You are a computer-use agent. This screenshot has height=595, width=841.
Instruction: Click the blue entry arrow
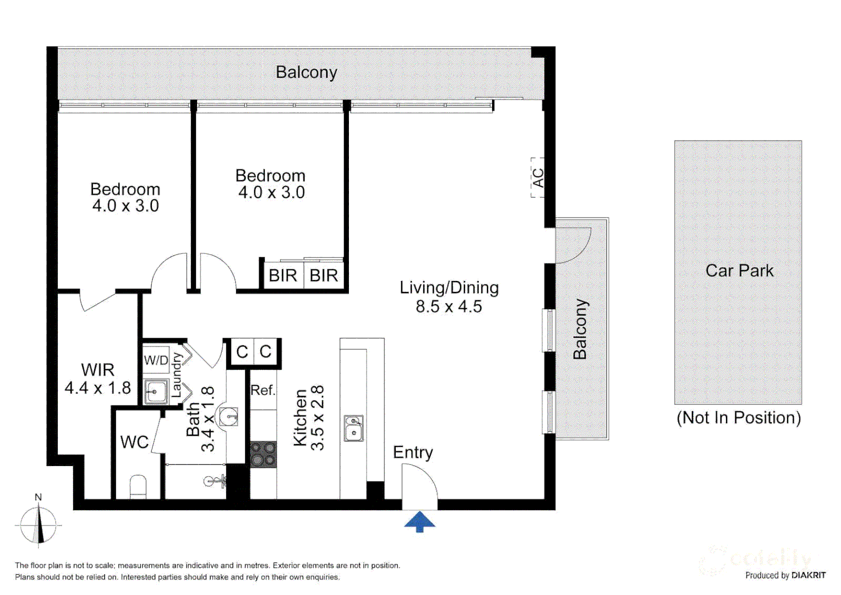pyautogui.click(x=419, y=521)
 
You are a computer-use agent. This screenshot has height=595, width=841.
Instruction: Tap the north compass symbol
pyautogui.click(x=38, y=524)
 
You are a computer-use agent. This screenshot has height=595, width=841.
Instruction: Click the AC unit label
pyautogui.click(x=538, y=177)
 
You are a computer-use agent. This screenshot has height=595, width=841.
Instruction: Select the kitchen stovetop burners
pyautogui.click(x=263, y=455)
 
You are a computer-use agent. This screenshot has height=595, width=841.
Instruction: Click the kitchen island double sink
pyautogui.click(x=353, y=429)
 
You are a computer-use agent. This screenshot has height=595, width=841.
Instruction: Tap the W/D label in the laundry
pyautogui.click(x=156, y=360)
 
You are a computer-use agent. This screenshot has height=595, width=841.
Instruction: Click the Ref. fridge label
pyautogui.click(x=263, y=390)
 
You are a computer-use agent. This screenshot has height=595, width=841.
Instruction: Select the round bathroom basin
pyautogui.click(x=228, y=416)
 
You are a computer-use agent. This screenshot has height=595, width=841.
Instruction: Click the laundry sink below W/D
pyautogui.click(x=156, y=392)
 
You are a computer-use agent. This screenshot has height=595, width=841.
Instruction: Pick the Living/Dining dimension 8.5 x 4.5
pyautogui.click(x=449, y=306)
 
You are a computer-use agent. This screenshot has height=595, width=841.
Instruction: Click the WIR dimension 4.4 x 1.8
pyautogui.click(x=97, y=388)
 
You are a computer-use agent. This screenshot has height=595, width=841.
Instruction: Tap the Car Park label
pyautogui.click(x=739, y=271)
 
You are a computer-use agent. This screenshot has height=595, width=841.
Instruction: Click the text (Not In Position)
pyautogui.click(x=738, y=418)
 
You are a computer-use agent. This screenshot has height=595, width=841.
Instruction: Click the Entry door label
pyautogui.click(x=413, y=452)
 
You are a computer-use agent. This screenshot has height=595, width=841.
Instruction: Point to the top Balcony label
pyautogui.click(x=306, y=72)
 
